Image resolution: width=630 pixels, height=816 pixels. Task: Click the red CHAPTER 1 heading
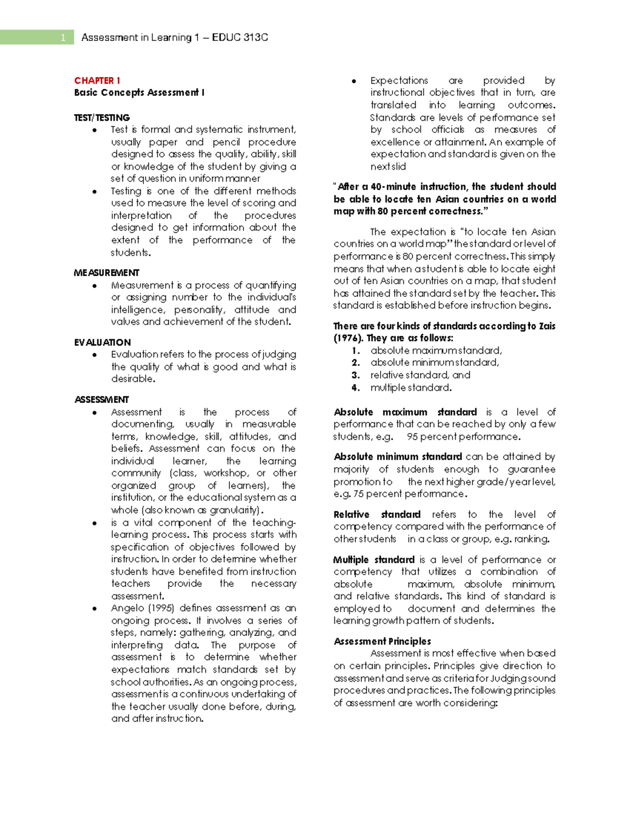pos(97,80)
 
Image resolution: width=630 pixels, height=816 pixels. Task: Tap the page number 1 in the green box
pos(63,37)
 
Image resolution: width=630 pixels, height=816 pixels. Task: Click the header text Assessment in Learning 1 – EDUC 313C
pos(174,37)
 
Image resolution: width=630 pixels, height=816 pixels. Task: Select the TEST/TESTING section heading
pos(102,117)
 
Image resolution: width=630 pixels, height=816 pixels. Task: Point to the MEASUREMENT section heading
pos(107,273)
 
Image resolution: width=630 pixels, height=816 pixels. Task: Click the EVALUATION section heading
pos(102,342)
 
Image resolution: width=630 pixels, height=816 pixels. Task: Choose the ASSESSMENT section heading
pos(101,399)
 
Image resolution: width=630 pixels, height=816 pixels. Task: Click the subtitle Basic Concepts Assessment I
pos(139,92)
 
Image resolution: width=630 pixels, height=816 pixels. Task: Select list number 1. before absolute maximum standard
pos(355,350)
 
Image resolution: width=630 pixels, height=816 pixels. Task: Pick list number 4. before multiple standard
pos(355,388)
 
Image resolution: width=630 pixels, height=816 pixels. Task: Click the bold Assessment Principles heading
pos(382,641)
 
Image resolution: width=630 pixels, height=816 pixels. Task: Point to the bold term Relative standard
pos(377,514)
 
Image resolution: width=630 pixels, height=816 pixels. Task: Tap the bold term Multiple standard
pos(374,560)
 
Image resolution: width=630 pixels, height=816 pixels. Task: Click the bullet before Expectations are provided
pos(354,81)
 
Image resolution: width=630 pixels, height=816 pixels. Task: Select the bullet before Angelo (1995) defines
pos(94,608)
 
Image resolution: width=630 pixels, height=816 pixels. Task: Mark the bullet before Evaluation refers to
pos(94,355)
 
